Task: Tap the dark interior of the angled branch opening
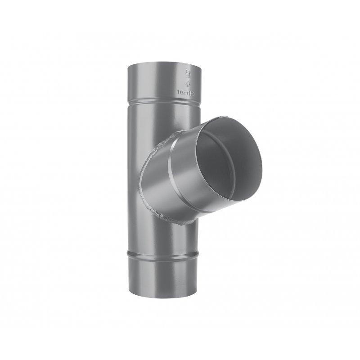point(225,162)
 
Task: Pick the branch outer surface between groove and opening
point(189,171)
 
